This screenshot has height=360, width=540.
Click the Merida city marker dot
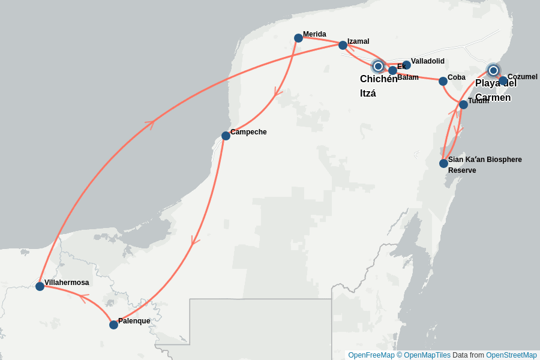(299, 38)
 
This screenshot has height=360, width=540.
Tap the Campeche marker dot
(226, 136)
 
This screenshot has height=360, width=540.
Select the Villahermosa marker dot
(40, 286)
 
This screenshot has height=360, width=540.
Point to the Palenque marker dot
(113, 325)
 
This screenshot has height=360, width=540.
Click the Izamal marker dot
(343, 45)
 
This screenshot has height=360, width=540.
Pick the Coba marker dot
(443, 81)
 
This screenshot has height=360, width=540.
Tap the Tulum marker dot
(463, 104)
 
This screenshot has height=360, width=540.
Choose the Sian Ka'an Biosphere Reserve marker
(443, 163)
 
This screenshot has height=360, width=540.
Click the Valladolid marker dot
(406, 65)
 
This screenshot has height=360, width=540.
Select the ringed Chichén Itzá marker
(378, 66)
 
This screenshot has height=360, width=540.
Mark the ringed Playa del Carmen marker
(493, 70)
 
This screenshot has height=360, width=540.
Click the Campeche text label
(248, 132)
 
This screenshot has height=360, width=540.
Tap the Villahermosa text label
(67, 283)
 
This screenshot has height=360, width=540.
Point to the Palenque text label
(134, 321)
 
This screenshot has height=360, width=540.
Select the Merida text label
(314, 34)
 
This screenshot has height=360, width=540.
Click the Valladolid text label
(428, 61)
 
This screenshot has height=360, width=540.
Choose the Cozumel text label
(523, 77)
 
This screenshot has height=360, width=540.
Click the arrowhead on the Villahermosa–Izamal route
(150, 124)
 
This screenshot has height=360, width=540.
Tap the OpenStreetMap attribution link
(511, 355)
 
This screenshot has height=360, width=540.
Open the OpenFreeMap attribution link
(371, 355)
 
